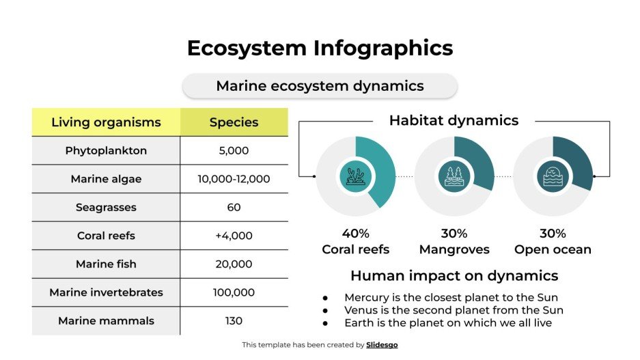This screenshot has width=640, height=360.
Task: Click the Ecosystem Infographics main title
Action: [320, 49]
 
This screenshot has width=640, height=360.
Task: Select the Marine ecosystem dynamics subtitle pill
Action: [320, 86]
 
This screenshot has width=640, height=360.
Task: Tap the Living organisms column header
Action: [106, 122]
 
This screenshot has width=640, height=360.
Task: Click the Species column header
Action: [234, 122]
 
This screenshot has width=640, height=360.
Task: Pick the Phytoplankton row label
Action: [106, 150]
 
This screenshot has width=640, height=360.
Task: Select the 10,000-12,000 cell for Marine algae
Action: [234, 179]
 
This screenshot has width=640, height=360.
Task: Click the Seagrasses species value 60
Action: [234, 207]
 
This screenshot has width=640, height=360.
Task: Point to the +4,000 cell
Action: [234, 236]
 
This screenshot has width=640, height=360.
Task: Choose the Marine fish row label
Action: [106, 264]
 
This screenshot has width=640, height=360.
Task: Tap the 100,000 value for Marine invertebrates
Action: [234, 292]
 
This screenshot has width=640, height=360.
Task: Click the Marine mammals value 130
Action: [234, 320]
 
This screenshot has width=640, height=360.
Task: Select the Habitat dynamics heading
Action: [454, 121]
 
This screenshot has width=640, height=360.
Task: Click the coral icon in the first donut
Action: [355, 176]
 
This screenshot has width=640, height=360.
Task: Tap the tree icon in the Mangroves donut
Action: [454, 176]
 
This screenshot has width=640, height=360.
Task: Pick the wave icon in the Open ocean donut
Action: [552, 176]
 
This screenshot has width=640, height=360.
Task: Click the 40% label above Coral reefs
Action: [355, 234]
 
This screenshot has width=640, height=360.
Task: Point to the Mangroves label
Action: [454, 249]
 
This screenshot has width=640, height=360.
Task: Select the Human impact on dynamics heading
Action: [454, 276]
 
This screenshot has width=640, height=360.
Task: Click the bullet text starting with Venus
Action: [454, 310]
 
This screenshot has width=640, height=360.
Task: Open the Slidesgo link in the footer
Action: [381, 345]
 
